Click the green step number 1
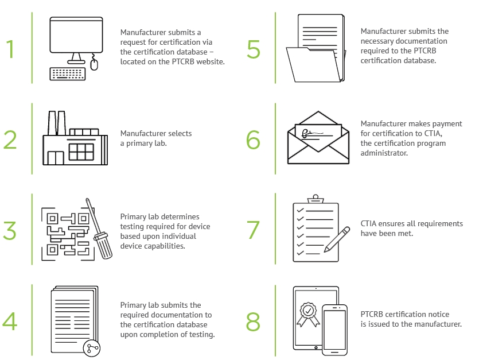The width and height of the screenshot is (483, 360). click(10, 49)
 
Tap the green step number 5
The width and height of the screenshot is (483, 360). click(254, 49)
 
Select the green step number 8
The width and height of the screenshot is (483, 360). click(253, 322)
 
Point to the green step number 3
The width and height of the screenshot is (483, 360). click(10, 230)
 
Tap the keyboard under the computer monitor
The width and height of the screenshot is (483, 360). click(68, 74)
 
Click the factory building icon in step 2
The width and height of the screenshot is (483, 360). click(75, 138)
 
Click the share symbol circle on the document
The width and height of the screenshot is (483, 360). click(92, 349)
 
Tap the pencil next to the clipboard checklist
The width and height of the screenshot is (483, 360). click(337, 239)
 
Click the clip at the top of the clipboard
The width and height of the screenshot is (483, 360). click(315, 199)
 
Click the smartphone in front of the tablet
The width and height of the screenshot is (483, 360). click(334, 330)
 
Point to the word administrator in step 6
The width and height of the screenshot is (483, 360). click(384, 153)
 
